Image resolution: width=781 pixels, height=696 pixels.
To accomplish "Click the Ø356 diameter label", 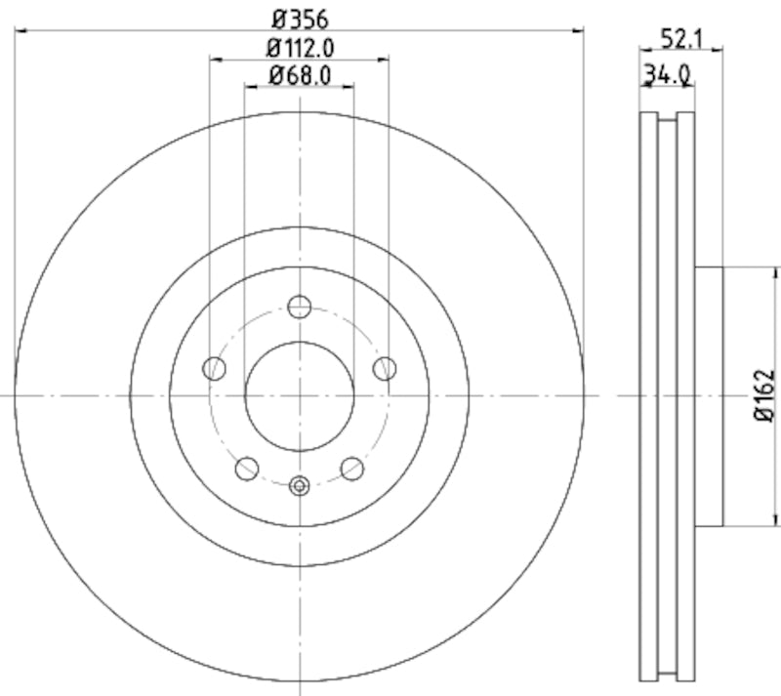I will (299, 18).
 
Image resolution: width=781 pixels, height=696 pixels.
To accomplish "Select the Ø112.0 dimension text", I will (299, 47).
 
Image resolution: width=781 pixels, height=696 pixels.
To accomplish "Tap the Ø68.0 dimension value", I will (299, 74).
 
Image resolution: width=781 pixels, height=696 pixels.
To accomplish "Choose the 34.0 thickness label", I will (667, 73).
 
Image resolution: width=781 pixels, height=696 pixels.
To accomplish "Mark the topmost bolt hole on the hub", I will (300, 307).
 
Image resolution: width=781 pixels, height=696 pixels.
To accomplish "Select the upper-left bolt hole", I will (215, 368).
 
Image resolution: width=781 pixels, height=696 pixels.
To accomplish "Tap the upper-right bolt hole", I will (385, 368).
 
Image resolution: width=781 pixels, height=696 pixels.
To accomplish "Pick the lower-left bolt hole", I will (247, 469).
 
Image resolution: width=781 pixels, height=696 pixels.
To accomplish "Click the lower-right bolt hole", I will (351, 469).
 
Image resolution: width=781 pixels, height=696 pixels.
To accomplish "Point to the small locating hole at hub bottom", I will (300, 484).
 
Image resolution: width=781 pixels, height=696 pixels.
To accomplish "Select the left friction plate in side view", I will (648, 395).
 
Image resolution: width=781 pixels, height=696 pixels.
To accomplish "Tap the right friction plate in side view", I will (685, 395).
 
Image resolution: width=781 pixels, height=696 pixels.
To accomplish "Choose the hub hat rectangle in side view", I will (709, 395).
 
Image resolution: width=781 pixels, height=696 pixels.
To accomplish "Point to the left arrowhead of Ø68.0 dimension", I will (249, 87).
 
